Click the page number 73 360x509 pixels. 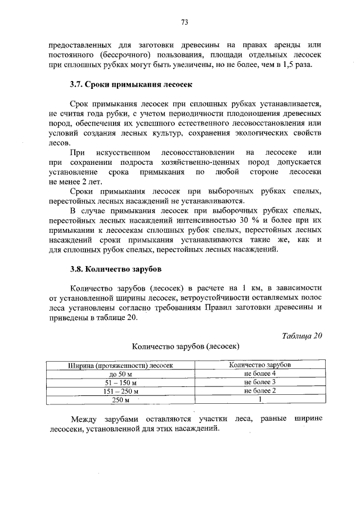pyautogui.click(x=184, y=22)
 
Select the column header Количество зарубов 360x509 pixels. pyautogui.click(x=260, y=364)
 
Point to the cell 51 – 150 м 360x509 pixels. pyautogui.click(x=120, y=382)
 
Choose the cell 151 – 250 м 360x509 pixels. pyautogui.click(x=120, y=391)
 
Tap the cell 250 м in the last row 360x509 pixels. pyautogui.click(x=120, y=400)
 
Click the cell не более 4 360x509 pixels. pyautogui.click(x=260, y=373)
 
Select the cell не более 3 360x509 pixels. pyautogui.click(x=260, y=382)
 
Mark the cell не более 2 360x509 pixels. pyautogui.click(x=260, y=390)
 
